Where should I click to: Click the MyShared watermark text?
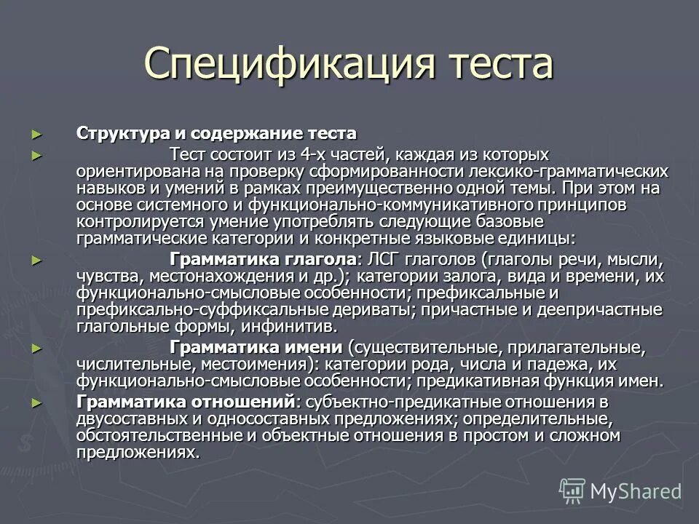635,491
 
